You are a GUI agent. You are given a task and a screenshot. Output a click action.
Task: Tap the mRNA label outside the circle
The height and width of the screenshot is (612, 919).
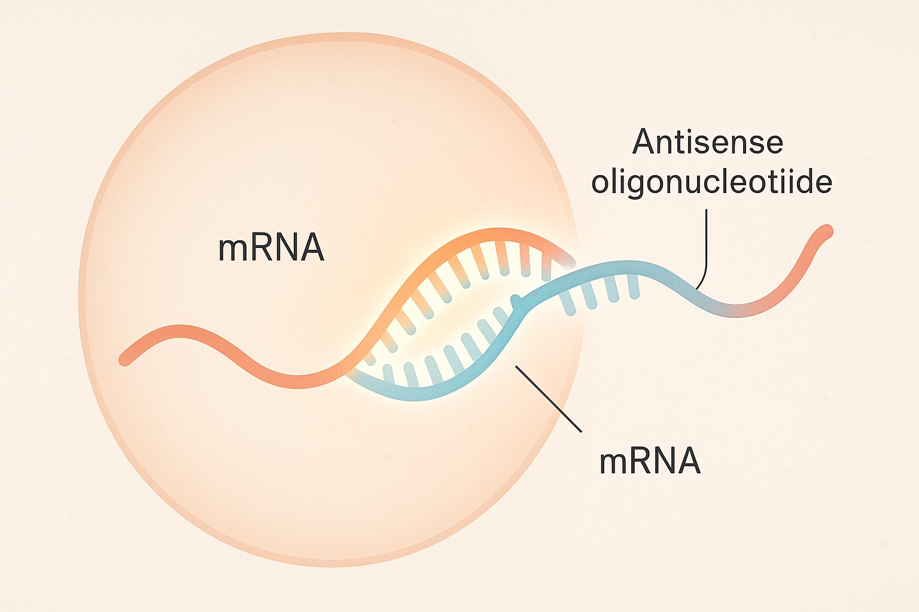650,461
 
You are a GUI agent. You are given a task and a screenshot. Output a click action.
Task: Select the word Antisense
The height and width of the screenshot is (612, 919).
708,142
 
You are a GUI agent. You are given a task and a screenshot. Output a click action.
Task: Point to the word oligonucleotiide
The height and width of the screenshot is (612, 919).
711,182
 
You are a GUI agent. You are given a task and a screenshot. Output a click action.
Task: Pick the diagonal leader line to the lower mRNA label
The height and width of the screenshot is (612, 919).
548,398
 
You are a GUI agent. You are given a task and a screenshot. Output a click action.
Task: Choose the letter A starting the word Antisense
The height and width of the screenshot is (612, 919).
644,142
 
